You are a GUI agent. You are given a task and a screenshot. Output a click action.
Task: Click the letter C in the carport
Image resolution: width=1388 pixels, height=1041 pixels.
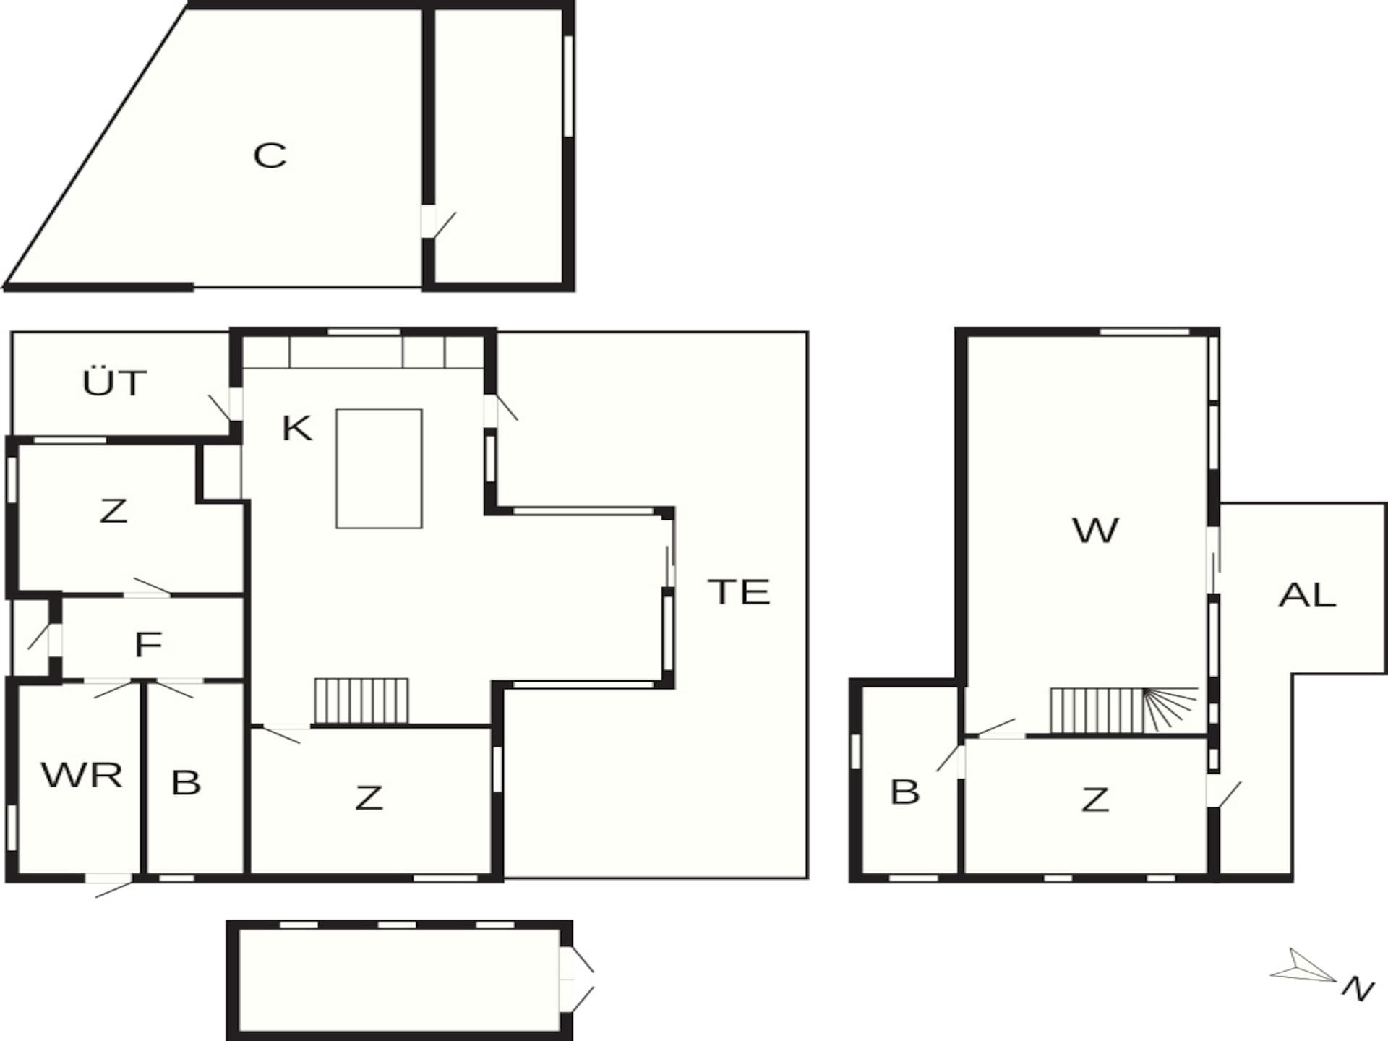click(270, 155)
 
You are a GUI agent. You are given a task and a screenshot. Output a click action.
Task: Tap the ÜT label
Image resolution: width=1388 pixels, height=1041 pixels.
click(114, 382)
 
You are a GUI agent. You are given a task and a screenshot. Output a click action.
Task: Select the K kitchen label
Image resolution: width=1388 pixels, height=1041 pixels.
click(296, 428)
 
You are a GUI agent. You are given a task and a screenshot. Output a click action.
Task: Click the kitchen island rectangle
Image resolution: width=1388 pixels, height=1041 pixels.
click(379, 468)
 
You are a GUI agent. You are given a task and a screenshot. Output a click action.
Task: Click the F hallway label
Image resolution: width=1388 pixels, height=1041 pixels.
click(148, 644)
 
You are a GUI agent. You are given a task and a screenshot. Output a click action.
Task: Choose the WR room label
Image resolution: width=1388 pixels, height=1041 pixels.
click(82, 775)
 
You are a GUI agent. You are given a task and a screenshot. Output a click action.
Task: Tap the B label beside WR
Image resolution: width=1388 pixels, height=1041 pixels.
click(186, 782)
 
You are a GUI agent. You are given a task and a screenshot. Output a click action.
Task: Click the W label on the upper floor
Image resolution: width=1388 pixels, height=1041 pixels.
click(1096, 531)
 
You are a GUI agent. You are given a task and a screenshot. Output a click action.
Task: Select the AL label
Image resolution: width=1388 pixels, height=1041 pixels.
click(1307, 595)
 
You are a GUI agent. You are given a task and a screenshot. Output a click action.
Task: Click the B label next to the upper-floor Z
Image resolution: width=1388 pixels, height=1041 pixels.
click(905, 792)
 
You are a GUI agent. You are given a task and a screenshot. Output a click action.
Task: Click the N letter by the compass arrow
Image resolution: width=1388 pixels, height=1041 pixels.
click(1358, 988)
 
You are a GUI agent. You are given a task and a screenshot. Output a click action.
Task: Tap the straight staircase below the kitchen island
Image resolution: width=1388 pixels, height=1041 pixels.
click(361, 701)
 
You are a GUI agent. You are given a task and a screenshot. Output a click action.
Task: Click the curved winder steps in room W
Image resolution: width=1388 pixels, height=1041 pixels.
click(1170, 708)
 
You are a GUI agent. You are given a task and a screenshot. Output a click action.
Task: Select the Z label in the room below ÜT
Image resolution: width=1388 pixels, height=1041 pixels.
click(113, 511)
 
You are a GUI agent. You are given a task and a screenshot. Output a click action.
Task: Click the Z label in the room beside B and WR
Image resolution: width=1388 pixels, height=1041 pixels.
click(369, 798)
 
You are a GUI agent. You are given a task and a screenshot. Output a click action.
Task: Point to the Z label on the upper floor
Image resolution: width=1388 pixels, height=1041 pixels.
click(1095, 800)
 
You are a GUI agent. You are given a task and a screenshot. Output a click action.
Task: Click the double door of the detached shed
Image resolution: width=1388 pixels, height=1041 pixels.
click(576, 980)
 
